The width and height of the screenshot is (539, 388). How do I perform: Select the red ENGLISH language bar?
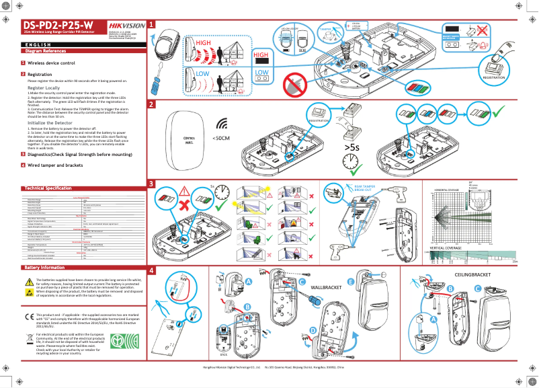74,44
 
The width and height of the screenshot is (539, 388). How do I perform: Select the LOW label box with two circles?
262,75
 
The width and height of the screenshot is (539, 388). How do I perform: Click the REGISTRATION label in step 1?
494,77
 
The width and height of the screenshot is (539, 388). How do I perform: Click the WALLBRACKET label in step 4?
327,287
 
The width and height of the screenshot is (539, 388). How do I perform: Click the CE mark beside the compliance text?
29,315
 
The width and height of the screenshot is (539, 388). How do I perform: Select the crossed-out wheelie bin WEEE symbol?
29,340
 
